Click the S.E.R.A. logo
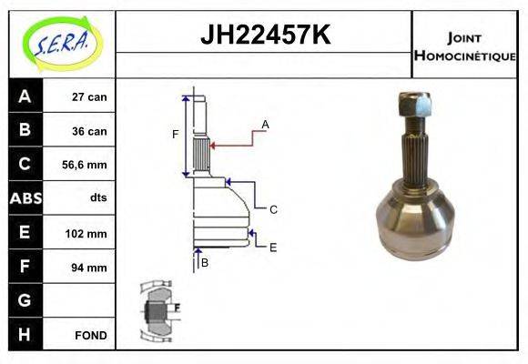60,42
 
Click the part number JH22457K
264,35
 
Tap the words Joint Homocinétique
464,45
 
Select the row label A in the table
25,96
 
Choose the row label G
25,300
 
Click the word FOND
91,335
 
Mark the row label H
25,334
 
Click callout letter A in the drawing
265,124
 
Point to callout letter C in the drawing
272,209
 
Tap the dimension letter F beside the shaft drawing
176,135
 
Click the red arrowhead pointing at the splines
212,143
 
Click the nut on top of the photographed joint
416,106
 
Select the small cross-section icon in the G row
156,309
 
